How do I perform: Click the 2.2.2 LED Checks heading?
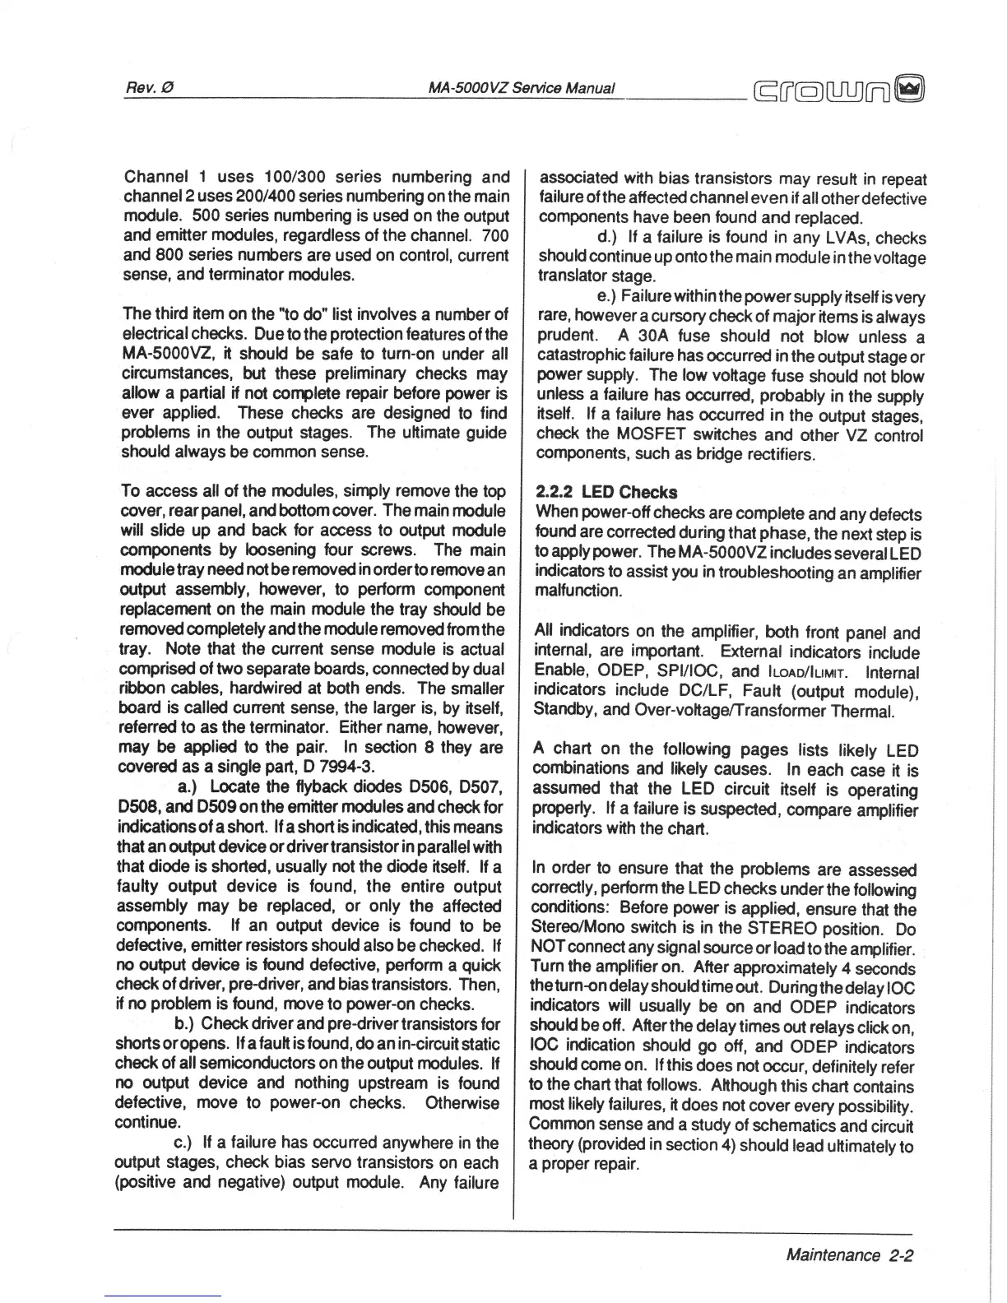pyautogui.click(x=606, y=492)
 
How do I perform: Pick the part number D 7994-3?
pyautogui.click(x=337, y=767)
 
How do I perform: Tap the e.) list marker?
pyautogui.click(x=608, y=297)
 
